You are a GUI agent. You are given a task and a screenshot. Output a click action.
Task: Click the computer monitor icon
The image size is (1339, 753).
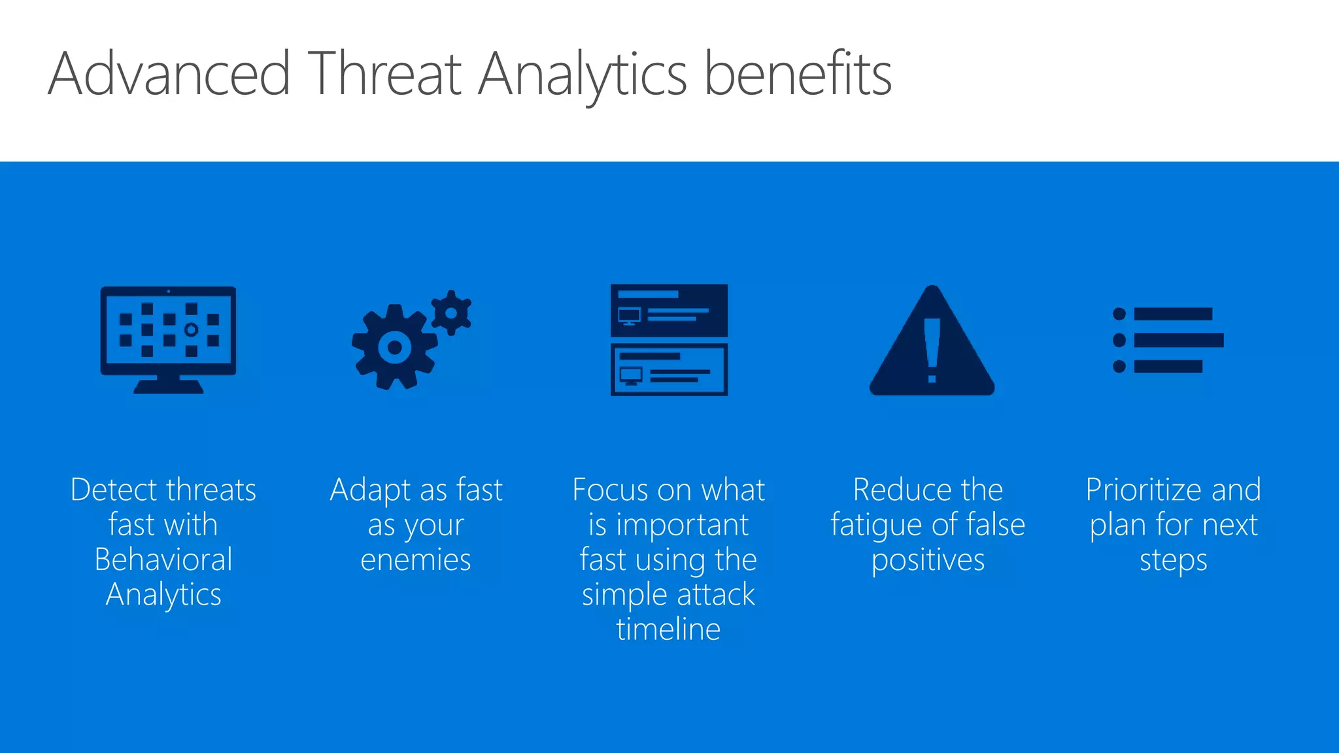tap(168, 330)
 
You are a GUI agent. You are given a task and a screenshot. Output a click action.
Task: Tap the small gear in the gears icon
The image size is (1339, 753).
tap(451, 312)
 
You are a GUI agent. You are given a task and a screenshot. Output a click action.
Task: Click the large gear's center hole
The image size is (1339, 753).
tap(394, 347)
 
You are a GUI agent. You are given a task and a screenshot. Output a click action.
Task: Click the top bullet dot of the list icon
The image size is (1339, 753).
tap(1119, 314)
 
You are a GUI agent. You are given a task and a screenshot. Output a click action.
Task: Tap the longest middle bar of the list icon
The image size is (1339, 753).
tap(1178, 340)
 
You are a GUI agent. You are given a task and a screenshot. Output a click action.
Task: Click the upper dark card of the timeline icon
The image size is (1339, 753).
tap(669, 310)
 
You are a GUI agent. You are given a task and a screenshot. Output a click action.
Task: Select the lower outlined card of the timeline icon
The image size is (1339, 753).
tap(669, 369)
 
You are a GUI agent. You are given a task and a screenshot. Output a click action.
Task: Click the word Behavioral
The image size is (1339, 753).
tap(163, 560)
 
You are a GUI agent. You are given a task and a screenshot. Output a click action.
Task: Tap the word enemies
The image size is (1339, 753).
tap(416, 560)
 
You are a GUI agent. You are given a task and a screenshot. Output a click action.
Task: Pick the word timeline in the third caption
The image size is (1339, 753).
tap(668, 629)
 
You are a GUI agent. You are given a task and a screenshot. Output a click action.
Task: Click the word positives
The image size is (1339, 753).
tap(928, 560)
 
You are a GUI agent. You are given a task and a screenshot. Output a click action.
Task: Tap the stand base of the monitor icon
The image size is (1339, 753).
tap(168, 387)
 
